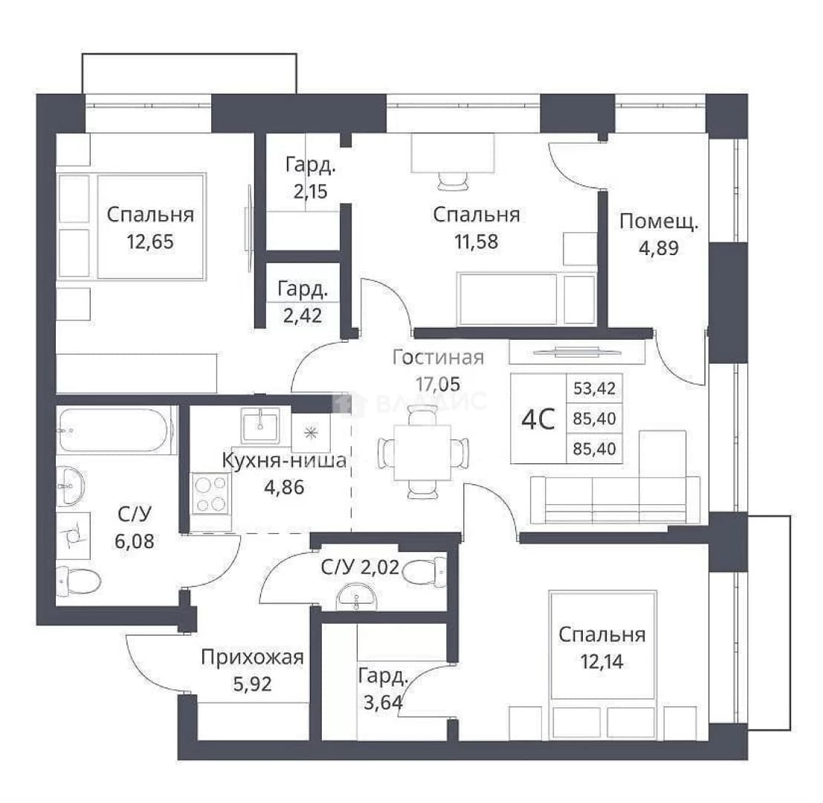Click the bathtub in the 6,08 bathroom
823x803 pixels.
(115, 430)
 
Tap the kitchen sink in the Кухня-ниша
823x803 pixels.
(260, 425)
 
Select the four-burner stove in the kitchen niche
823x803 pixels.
(211, 494)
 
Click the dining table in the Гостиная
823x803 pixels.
(422, 452)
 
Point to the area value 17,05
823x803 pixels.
(438, 384)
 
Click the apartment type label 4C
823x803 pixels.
(538, 419)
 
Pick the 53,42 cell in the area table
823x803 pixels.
(594, 388)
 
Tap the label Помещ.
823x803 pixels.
(659, 222)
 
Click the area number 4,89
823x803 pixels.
(659, 248)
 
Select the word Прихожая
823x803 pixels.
(253, 657)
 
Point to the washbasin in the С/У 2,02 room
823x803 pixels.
(356, 599)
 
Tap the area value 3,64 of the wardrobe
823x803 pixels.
(383, 702)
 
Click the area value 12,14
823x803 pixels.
(601, 662)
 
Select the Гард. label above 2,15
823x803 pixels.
(310, 165)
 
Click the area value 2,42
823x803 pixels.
(303, 316)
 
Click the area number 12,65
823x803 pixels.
(150, 242)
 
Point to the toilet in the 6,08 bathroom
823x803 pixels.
(79, 581)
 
